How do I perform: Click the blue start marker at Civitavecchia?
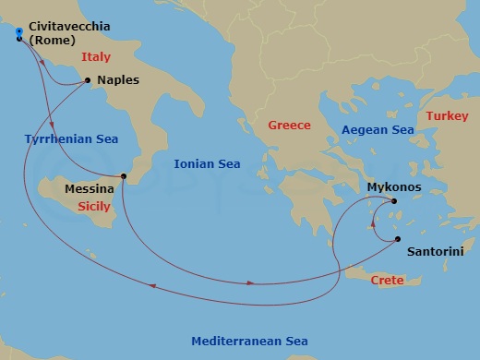[x=18, y=31]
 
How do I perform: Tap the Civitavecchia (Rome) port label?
[x=69, y=32]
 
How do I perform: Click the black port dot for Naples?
[x=88, y=80]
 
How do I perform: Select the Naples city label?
[x=118, y=80]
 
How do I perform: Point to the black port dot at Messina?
[x=124, y=176]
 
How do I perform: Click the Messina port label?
[x=90, y=189]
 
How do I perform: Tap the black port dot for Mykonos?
[x=393, y=201]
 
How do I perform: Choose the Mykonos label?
[x=394, y=187]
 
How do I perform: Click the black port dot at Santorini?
[x=398, y=239]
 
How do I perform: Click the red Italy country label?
[x=95, y=57]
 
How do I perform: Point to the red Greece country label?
[x=289, y=125]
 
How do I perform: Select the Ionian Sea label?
[x=207, y=164]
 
